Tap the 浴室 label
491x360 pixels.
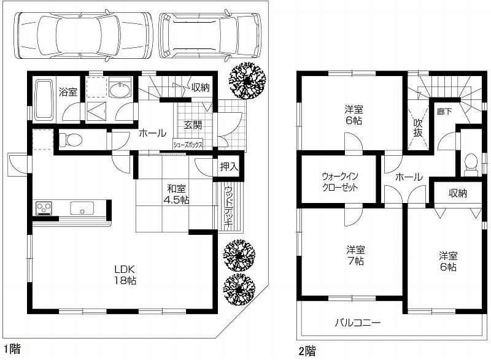pyautogui.click(x=67, y=93)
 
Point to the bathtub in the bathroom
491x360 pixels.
pyautogui.click(x=43, y=100)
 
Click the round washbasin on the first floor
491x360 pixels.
pyautogui.click(x=121, y=90)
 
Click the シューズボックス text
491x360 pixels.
pyautogui.click(x=188, y=145)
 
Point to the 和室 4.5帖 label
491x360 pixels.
pyautogui.click(x=175, y=195)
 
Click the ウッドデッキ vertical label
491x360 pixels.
pyautogui.click(x=228, y=207)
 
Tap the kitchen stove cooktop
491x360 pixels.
pyautogui.click(x=44, y=209)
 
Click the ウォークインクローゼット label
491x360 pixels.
pyautogui.click(x=339, y=182)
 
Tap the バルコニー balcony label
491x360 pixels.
pyautogui.click(x=358, y=322)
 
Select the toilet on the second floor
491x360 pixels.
pyautogui.click(x=471, y=163)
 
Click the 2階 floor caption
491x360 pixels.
pyautogui.click(x=307, y=351)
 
